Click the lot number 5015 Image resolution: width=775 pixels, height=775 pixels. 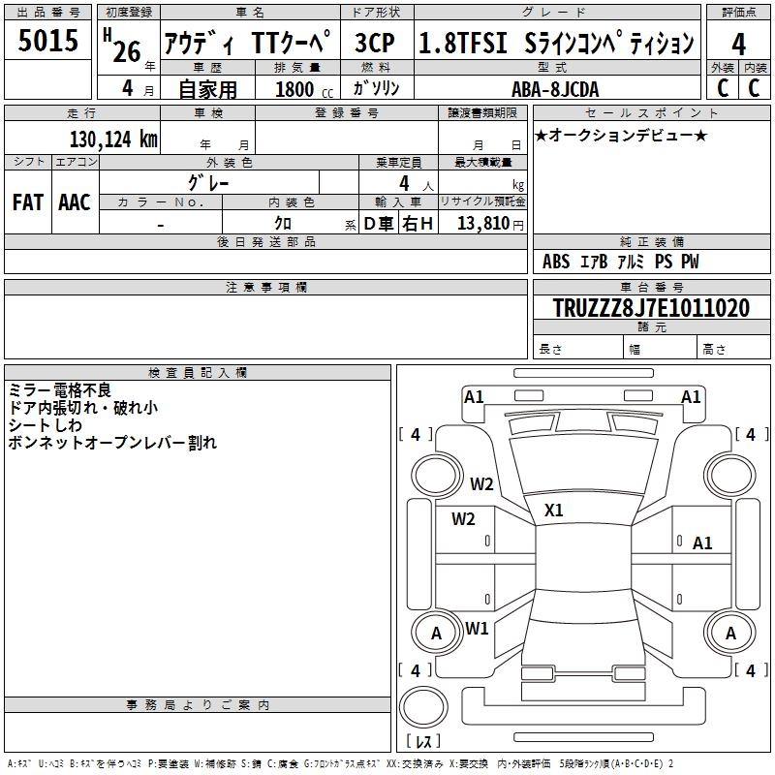48,42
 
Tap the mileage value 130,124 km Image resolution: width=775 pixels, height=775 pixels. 113,139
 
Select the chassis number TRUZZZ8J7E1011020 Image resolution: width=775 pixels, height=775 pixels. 650,309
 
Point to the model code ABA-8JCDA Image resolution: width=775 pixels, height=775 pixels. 554,88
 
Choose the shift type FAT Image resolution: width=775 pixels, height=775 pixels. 27,201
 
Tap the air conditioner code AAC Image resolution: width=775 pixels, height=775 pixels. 74,201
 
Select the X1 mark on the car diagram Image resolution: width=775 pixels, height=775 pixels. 554,510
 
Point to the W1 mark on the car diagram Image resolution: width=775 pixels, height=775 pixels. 477,628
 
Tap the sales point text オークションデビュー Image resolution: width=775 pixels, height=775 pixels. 620,135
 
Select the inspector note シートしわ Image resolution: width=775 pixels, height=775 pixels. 47,424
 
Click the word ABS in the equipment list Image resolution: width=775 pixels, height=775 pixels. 556,262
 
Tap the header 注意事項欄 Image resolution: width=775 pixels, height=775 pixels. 265,288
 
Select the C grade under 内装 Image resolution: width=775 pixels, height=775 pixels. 755,87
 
